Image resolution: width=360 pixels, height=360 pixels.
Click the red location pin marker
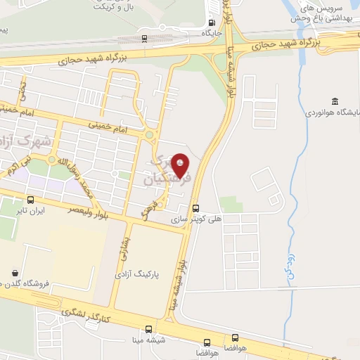pos(180,165)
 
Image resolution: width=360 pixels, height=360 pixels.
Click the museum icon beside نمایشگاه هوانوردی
pos(335,101)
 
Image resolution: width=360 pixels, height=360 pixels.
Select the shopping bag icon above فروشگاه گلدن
pos(15,272)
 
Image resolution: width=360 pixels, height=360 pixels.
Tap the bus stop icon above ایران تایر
pos(30,199)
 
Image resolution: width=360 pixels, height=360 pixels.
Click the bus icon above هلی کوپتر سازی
pos(195,207)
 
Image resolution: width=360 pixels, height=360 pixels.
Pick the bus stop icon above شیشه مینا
pos(148,329)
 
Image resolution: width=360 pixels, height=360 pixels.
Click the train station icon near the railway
pos(144,39)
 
